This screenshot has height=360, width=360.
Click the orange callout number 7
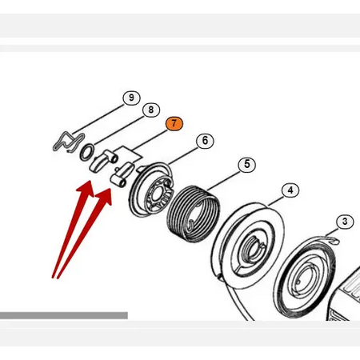[x=174, y=124]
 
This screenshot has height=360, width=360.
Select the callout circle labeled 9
[x=131, y=98]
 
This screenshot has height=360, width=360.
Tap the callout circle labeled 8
[x=151, y=110]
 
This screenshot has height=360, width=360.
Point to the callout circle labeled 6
[x=205, y=141]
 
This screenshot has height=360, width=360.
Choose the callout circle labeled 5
[x=247, y=164]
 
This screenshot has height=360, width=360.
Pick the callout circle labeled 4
[x=290, y=190]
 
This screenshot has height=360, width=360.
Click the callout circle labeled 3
[x=345, y=222]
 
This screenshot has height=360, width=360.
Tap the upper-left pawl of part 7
[x=102, y=161]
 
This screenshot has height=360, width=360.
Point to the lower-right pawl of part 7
[x=122, y=174]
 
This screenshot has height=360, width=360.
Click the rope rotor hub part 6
[x=150, y=190]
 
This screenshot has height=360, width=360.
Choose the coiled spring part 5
[x=194, y=213]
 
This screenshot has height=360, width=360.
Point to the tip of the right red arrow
[x=110, y=189]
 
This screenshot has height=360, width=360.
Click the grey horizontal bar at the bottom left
[x=64, y=315]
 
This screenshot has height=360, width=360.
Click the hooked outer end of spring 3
[x=334, y=241]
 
